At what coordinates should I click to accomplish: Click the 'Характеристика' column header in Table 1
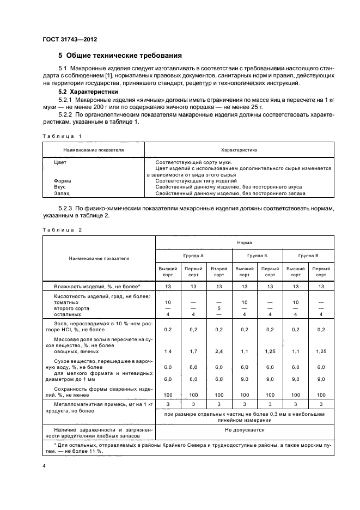point(239,149)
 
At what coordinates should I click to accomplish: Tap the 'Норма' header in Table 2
point(244,242)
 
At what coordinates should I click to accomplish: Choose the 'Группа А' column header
point(194,255)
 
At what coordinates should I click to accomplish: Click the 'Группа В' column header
point(309,255)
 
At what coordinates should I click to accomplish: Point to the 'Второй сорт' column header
point(219,271)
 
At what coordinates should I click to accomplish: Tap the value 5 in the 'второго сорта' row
point(219,308)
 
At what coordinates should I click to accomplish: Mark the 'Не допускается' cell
point(244,429)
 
